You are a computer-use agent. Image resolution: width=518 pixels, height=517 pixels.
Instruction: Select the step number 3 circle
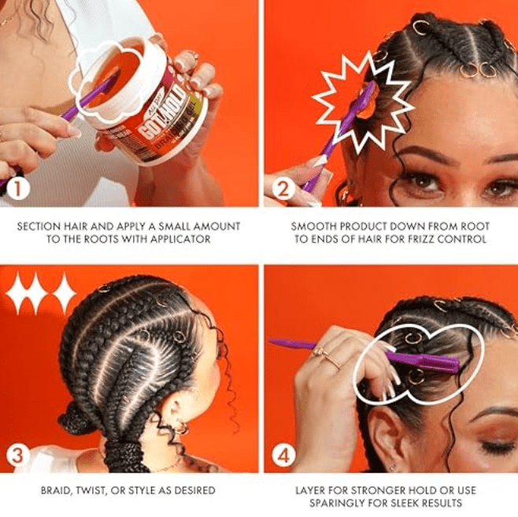point(17,456)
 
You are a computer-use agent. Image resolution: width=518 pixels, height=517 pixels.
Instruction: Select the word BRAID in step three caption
point(57,490)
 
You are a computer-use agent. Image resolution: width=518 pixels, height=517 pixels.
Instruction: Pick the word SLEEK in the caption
point(413,503)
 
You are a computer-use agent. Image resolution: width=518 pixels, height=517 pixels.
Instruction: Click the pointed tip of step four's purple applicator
point(272,342)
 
